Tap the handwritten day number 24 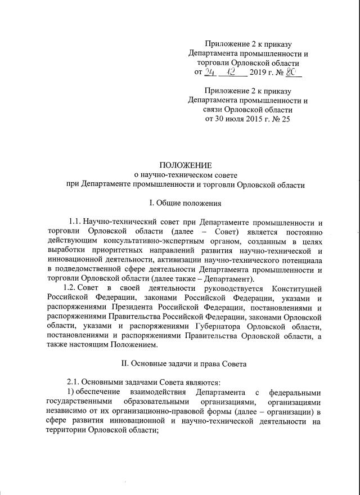coord(211,71)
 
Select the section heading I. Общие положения coord(185,202)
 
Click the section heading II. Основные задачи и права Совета coord(185,364)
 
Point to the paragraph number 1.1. coord(75,222)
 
